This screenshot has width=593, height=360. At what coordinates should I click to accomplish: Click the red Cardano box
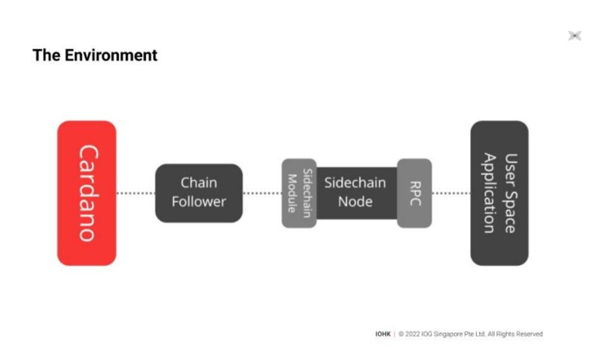coord(87,193)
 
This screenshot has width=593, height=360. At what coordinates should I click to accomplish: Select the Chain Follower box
coord(199,193)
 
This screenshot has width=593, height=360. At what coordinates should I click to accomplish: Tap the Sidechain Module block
coord(298,193)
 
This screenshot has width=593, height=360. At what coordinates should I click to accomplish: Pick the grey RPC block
coord(414,193)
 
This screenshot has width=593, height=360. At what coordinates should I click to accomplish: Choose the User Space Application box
coord(499,193)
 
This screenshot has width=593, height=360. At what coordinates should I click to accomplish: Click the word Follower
coord(199,202)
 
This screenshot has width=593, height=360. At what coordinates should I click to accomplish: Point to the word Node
coord(355,202)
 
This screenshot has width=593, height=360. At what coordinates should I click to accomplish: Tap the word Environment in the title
coord(111,55)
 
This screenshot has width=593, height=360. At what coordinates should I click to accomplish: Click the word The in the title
coord(46,55)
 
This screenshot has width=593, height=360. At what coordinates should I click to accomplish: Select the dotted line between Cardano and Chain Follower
coord(136,193)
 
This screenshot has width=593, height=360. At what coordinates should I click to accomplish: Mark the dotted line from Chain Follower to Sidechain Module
coord(262,193)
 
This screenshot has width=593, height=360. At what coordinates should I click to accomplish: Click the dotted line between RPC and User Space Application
coord(451,193)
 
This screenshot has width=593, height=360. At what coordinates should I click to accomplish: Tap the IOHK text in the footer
coord(383,334)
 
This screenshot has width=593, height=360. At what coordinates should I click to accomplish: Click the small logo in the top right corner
coord(575,36)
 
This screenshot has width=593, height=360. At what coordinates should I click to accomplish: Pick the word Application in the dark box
coord(490,193)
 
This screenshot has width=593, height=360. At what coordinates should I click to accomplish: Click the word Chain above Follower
coord(199,183)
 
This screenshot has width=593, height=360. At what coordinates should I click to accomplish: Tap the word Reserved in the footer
coord(529,334)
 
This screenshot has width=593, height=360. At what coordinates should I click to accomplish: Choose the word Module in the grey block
coord(292,193)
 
